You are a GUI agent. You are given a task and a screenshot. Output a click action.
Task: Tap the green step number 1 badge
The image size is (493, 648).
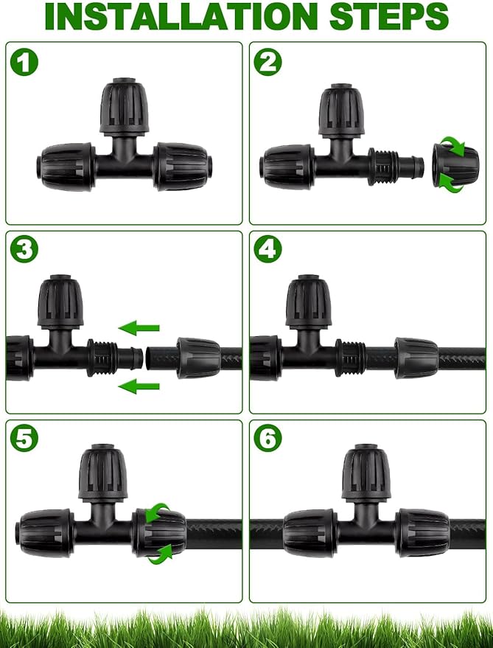click(x=24, y=62)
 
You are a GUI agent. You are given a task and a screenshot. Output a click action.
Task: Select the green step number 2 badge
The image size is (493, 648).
click(x=268, y=62)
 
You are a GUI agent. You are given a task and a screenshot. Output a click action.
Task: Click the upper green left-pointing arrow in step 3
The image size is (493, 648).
click(x=139, y=327)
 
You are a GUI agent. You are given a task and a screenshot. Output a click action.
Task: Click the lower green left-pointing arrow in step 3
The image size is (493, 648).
click(x=139, y=385)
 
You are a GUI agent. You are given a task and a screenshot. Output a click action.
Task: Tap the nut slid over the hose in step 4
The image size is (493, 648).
click(x=416, y=357)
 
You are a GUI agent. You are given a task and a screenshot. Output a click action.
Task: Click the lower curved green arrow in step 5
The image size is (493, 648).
click(x=161, y=554)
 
